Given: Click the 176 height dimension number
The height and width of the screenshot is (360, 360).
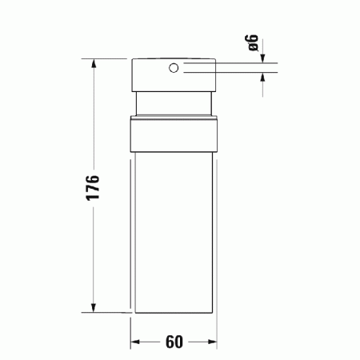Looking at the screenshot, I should click(93, 186).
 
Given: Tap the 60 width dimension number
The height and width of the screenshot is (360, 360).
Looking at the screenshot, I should click(174, 342).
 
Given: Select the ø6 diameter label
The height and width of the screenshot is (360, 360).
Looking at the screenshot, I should click(254, 44).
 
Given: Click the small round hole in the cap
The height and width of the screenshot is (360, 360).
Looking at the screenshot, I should click(173, 69).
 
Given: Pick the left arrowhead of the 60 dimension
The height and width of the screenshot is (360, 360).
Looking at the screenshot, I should click(135, 342).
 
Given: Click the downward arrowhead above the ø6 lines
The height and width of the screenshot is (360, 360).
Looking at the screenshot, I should click(264, 60).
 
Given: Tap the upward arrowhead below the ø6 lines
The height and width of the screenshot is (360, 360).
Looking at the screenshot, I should click(264, 78).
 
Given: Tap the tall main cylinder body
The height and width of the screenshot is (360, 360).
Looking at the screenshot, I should click(174, 232).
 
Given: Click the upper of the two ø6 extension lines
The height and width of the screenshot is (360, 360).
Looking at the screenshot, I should click(232, 65).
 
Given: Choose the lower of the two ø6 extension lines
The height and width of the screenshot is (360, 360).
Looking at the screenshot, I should click(232, 73).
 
